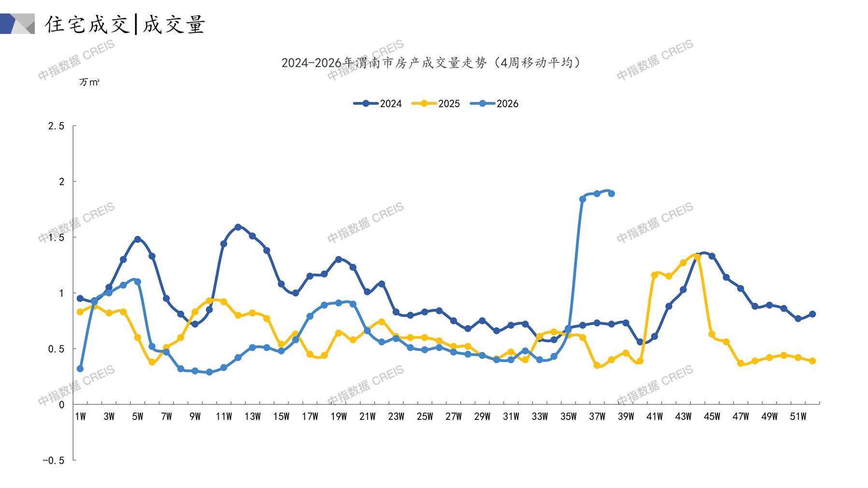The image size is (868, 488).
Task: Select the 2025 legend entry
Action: tap(436, 103)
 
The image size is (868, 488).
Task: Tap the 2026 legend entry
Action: tap(494, 103)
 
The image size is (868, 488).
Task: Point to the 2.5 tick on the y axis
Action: tap(56, 126)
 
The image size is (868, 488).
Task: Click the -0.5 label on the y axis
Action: tap(53, 460)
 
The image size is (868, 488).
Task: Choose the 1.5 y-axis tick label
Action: tap(56, 238)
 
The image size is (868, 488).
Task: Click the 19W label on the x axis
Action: tap(339, 416)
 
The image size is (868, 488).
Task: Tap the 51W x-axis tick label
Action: tap(798, 416)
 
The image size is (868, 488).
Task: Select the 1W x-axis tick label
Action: tap(80, 416)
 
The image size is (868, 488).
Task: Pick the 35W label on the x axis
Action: tap(569, 416)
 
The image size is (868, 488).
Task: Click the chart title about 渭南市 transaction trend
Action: tap(431, 63)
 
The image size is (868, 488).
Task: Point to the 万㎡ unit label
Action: tap(89, 83)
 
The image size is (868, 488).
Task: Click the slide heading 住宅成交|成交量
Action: tap(125, 24)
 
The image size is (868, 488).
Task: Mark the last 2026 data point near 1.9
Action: tap(612, 194)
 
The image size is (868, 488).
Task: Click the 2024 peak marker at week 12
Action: tap(238, 227)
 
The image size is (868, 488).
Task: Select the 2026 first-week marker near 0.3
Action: tap(80, 369)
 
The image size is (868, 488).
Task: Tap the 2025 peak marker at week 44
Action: tap(697, 257)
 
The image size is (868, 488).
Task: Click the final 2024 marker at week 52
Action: tap(812, 314)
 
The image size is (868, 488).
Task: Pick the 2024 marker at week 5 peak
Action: tap(138, 239)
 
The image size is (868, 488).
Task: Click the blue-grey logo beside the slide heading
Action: tap(17, 24)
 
